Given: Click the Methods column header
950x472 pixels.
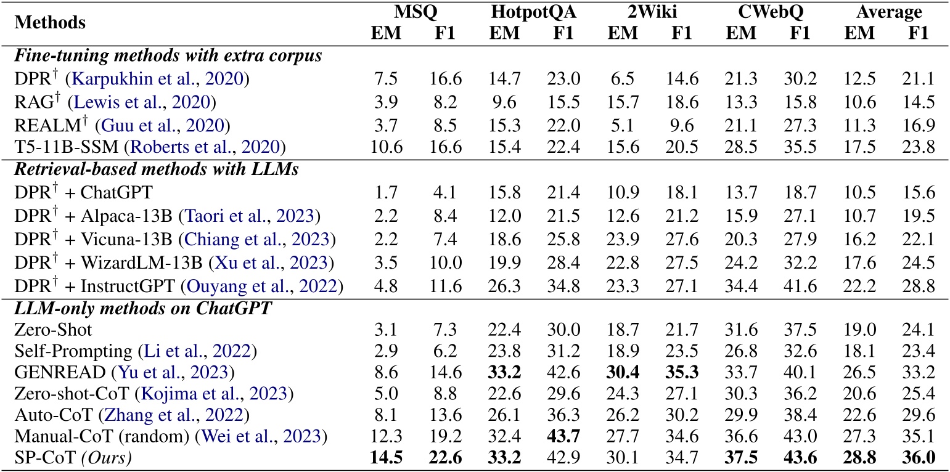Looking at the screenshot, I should click(x=49, y=23).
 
